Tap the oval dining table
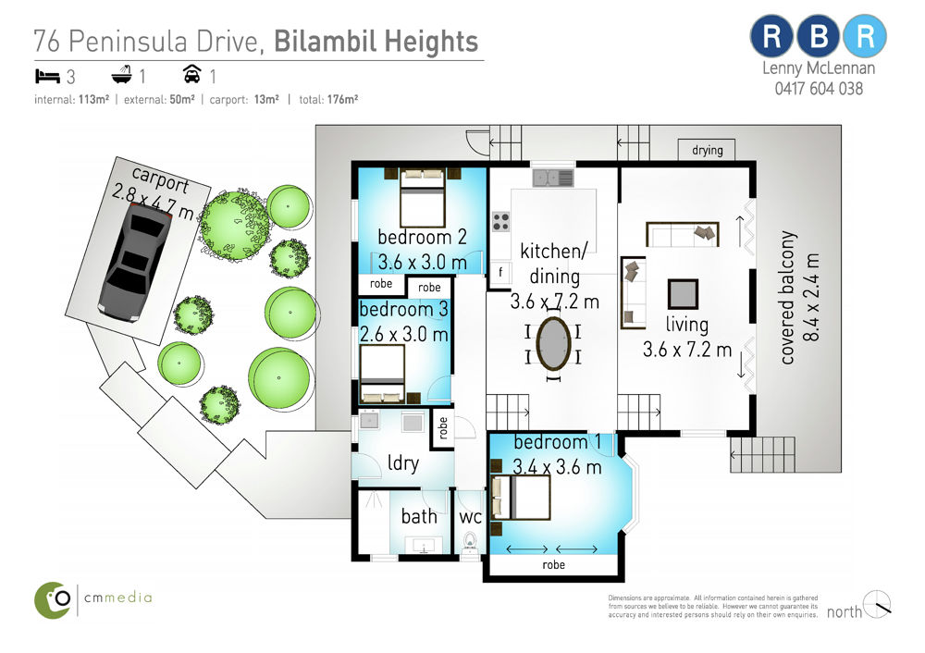[553, 344]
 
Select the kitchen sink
[553, 177]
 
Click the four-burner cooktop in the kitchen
[500, 222]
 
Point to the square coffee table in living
[684, 294]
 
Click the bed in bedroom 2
[423, 197]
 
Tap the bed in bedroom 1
[522, 498]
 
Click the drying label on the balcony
[708, 150]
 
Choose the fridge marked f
[500, 272]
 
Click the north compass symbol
[877, 604]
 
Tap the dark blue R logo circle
[772, 37]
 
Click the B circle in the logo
[819, 37]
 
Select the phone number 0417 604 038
[819, 89]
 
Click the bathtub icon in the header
[121, 75]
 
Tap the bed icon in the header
[47, 76]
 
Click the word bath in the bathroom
[419, 516]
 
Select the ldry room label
[403, 463]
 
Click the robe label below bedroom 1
[553, 564]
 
